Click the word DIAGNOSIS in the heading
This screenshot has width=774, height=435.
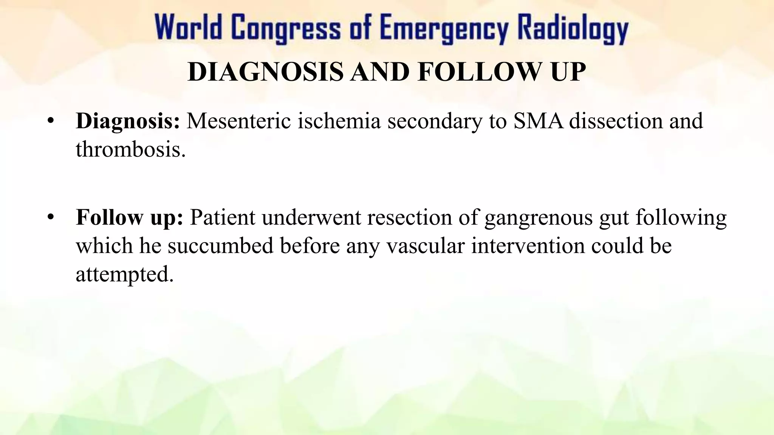pos(265,72)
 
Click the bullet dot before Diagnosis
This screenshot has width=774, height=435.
pos(51,122)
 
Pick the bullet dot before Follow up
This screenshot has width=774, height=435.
pos(51,217)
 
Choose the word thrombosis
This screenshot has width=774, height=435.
pos(131,150)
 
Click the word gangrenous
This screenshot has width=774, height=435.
pos(538,218)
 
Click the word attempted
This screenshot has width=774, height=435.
pos(125,275)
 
